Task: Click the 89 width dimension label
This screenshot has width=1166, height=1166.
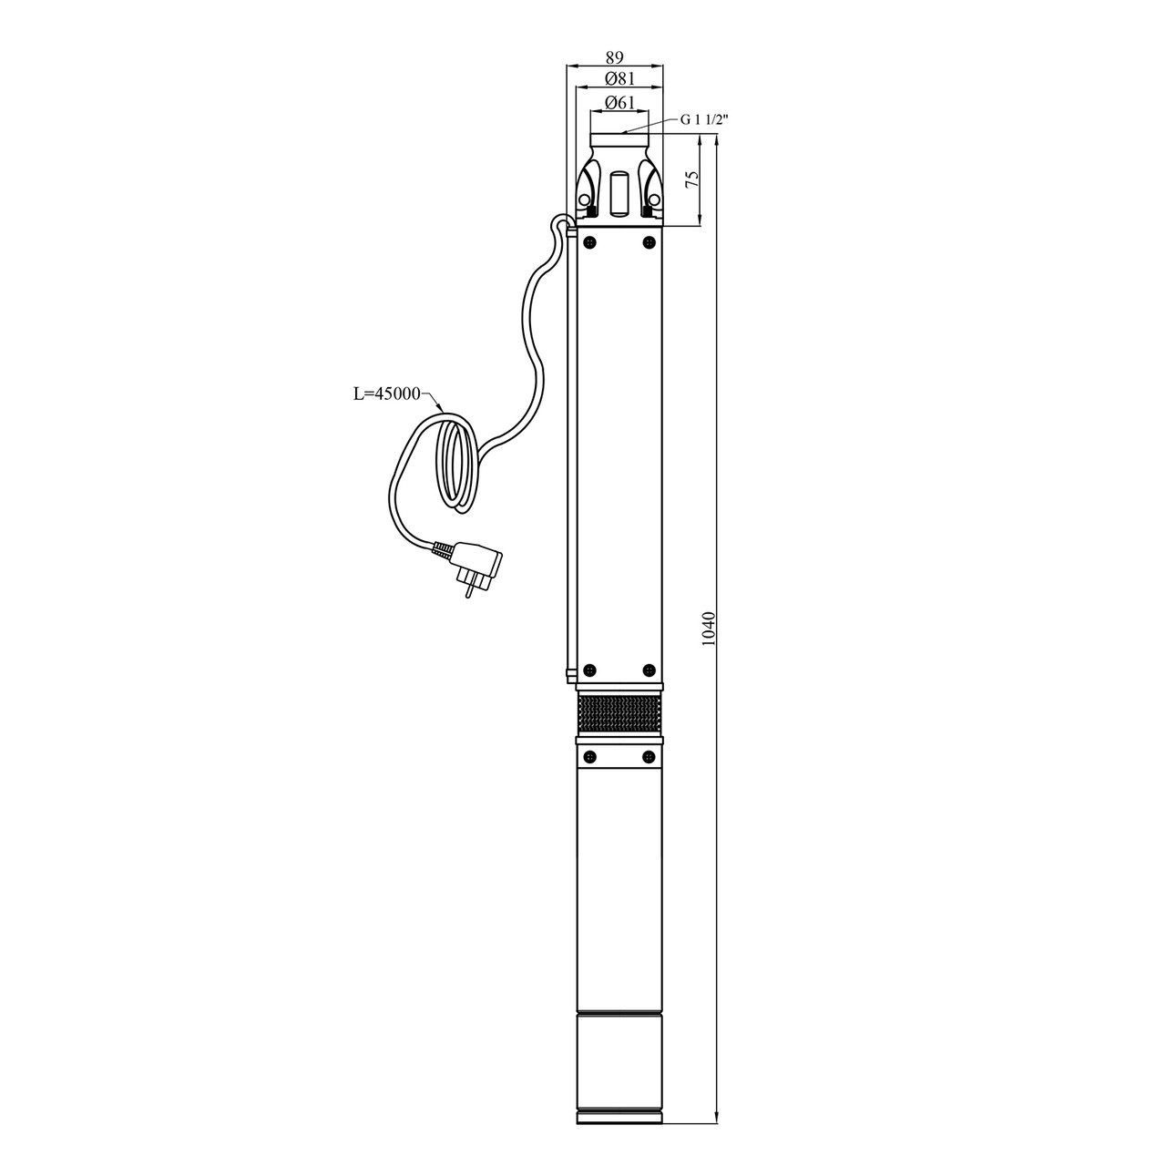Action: (614, 57)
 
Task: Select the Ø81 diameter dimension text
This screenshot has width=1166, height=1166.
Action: (619, 78)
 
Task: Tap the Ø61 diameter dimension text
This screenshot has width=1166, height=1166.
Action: (619, 103)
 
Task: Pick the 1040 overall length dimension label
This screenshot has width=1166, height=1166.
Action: (709, 629)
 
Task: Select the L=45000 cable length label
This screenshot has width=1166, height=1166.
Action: (386, 394)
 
